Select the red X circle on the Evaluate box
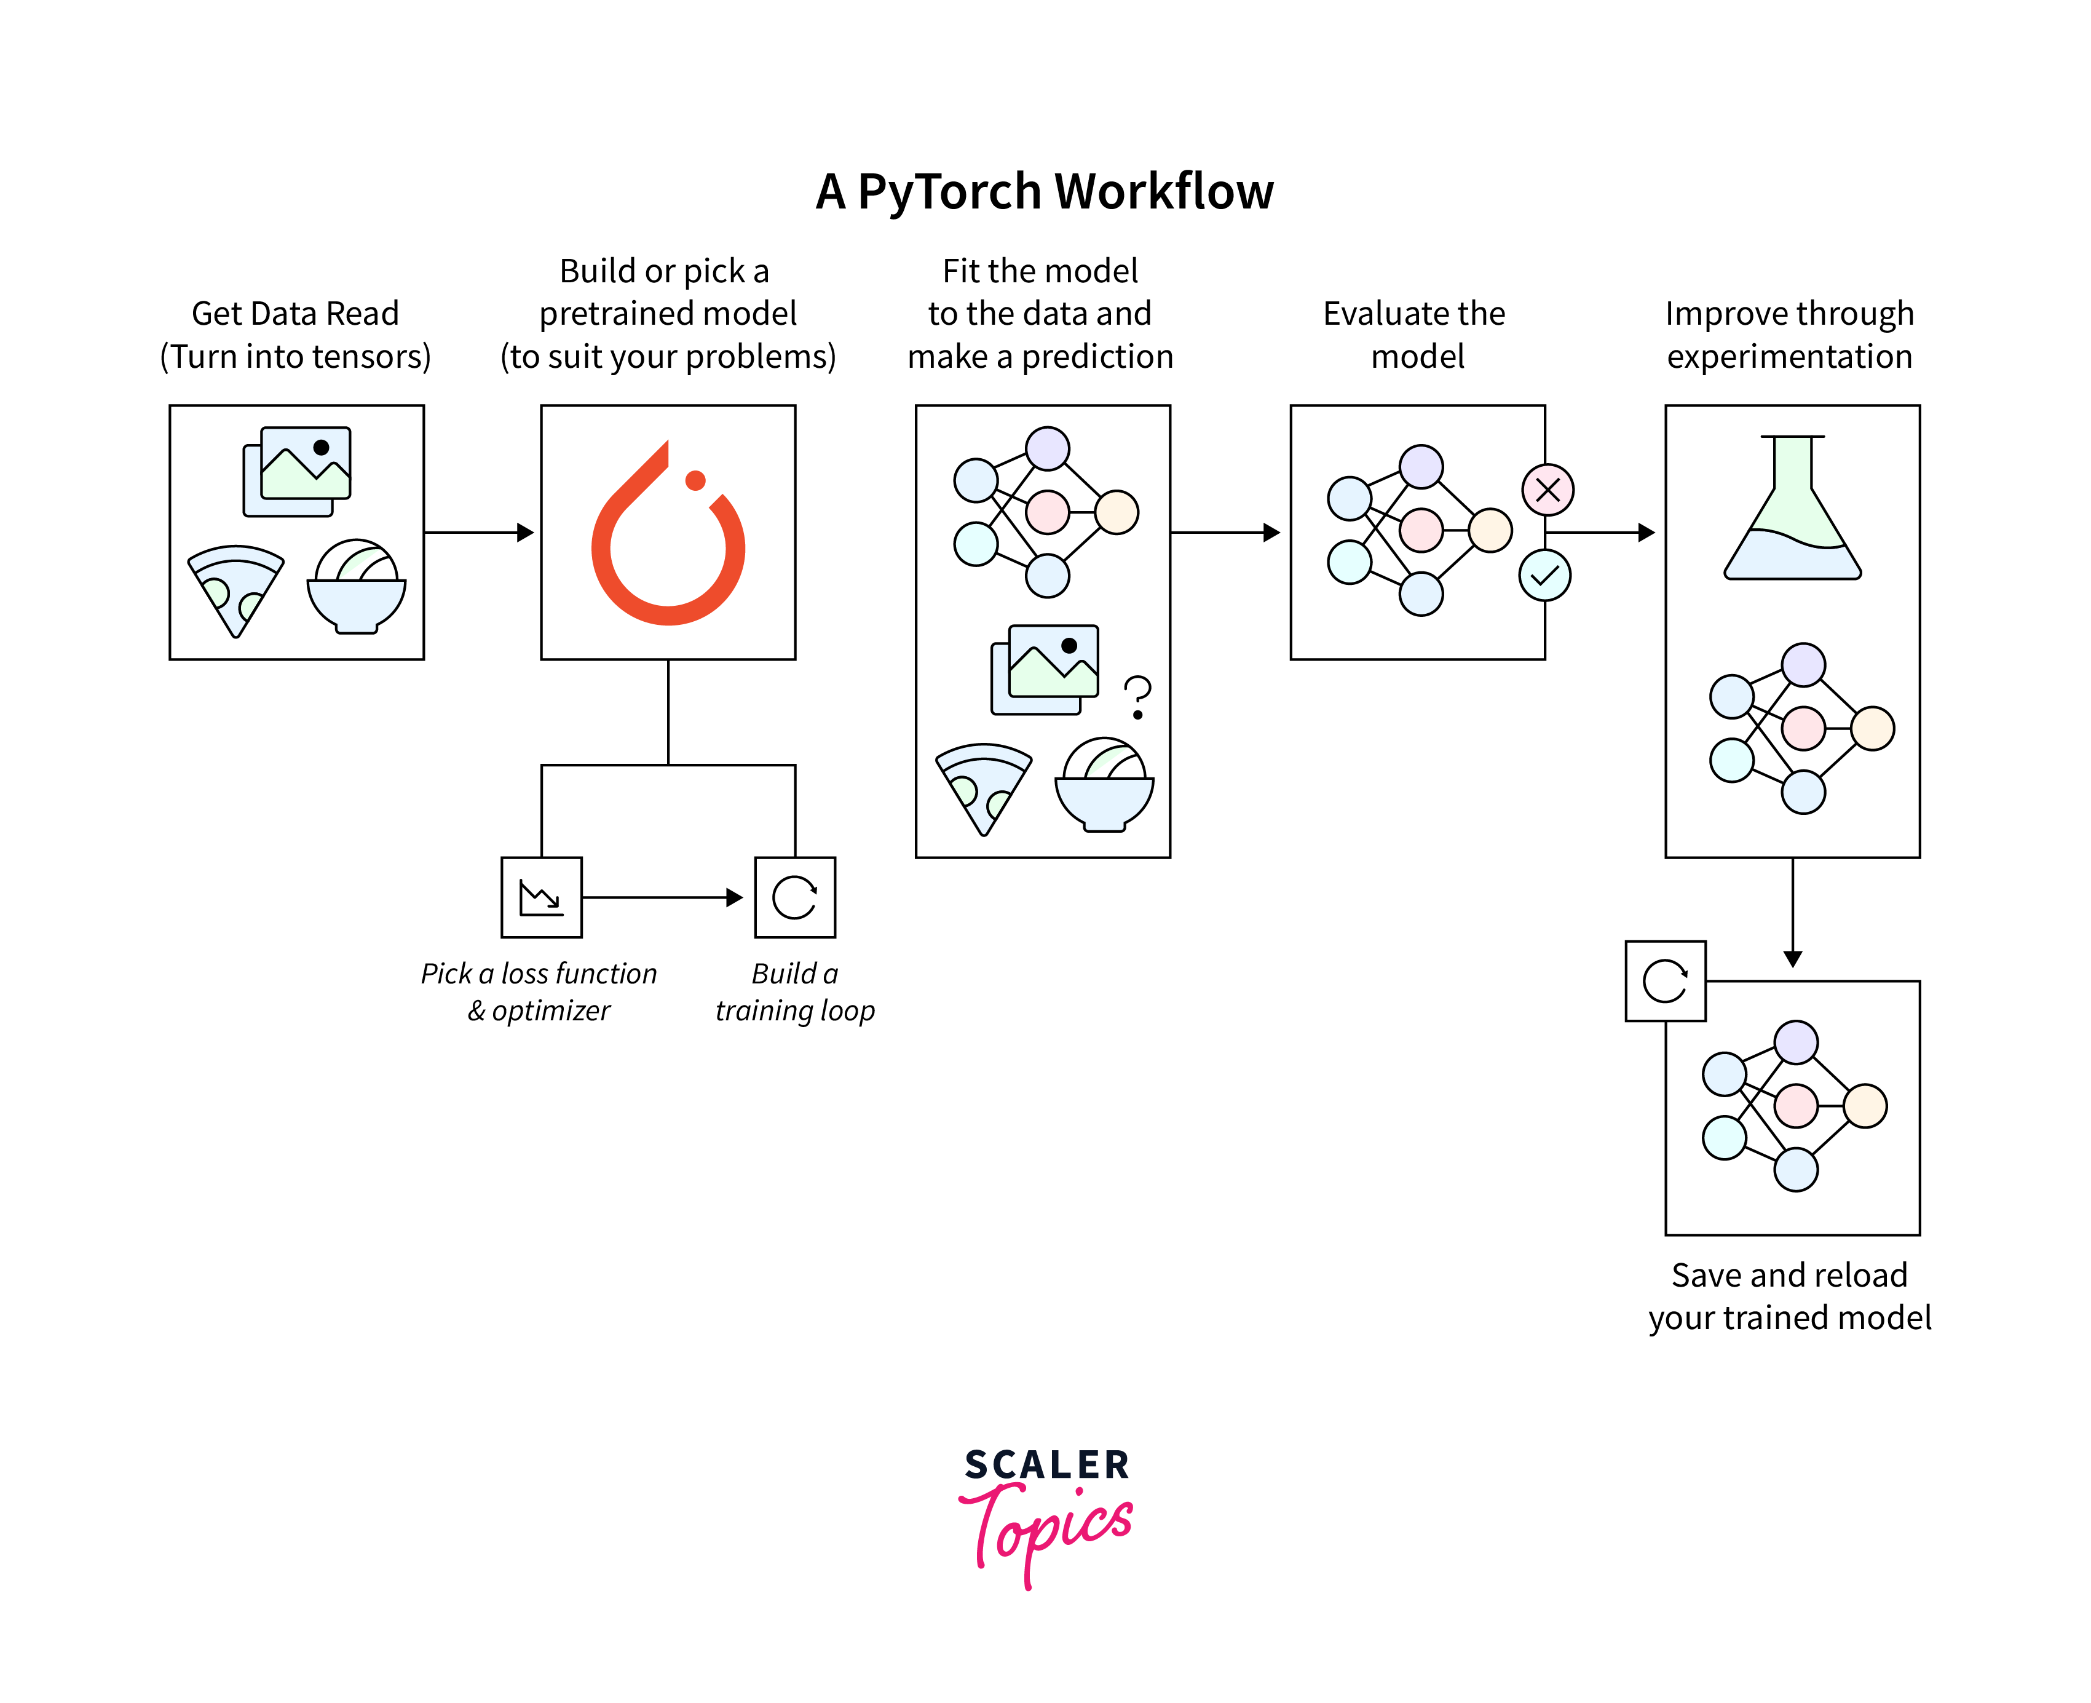(x=1547, y=490)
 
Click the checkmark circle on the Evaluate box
(x=1544, y=576)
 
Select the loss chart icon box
(x=542, y=897)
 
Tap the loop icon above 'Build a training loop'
(x=794, y=897)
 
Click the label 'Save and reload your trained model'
(x=1789, y=1295)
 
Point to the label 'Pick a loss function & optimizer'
(x=539, y=991)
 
